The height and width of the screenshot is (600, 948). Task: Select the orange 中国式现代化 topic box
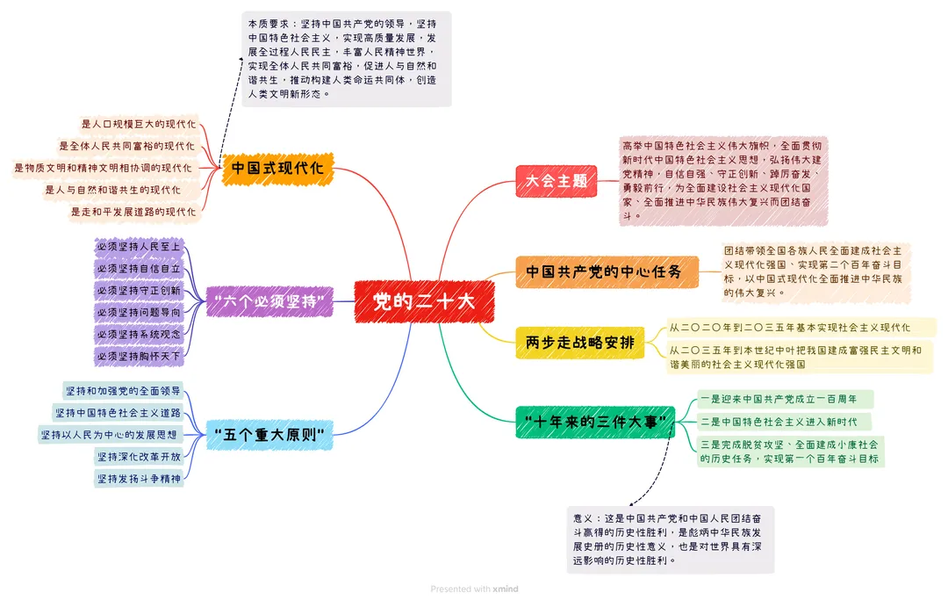point(277,168)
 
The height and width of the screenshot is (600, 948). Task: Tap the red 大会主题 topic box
point(556,182)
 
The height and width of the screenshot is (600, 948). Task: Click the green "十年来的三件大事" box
point(594,423)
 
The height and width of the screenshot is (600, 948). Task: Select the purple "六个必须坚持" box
point(269,301)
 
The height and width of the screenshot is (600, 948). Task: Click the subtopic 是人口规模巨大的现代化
point(139,124)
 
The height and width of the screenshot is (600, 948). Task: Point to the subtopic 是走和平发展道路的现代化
point(133,212)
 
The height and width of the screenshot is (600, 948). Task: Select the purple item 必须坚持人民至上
point(139,247)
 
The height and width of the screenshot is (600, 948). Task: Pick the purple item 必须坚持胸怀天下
point(139,357)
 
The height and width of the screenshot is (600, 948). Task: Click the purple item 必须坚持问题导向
point(139,313)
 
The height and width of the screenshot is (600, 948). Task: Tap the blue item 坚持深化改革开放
point(139,457)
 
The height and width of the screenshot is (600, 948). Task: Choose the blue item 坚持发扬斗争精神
point(139,479)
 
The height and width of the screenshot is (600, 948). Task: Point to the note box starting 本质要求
point(346,59)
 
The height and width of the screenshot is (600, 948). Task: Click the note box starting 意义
point(670,539)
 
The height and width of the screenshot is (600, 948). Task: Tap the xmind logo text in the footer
point(505,589)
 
